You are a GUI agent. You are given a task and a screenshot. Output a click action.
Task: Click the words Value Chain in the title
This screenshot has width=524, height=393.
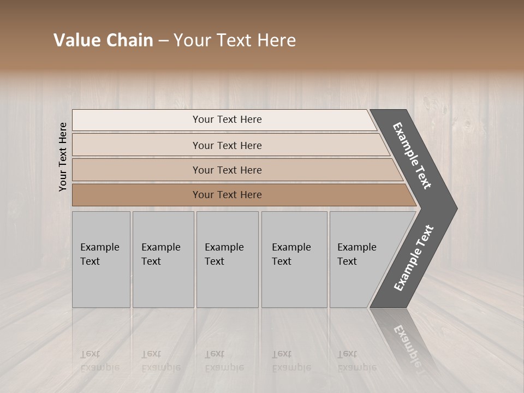(x=103, y=40)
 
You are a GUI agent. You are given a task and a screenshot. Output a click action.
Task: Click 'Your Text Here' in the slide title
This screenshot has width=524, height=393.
(x=235, y=40)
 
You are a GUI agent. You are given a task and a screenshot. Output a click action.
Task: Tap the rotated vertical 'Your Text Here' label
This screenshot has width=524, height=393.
(x=63, y=157)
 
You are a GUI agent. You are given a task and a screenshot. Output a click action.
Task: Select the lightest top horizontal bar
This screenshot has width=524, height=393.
(x=136, y=120)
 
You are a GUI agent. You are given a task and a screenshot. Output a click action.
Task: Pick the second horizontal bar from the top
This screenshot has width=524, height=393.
(x=136, y=145)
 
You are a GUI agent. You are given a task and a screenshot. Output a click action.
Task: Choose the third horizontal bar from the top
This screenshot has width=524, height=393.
(x=136, y=170)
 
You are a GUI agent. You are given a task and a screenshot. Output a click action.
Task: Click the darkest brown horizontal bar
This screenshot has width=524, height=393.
(x=136, y=195)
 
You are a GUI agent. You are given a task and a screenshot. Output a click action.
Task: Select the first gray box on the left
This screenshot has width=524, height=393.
(x=101, y=284)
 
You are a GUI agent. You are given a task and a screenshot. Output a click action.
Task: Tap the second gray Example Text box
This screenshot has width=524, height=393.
(x=163, y=284)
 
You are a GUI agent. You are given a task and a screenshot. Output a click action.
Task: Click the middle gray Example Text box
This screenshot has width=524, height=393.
(x=227, y=284)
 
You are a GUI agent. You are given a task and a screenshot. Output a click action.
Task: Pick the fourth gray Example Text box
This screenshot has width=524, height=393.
(x=294, y=284)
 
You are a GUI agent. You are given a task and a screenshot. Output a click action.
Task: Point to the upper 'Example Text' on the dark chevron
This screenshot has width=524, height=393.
(x=412, y=156)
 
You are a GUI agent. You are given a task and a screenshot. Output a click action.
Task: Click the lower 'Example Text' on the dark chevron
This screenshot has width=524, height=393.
(x=414, y=258)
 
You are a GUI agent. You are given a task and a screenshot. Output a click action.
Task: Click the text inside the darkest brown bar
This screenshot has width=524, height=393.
(x=227, y=195)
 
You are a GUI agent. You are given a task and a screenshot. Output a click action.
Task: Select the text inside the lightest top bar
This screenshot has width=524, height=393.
(x=227, y=120)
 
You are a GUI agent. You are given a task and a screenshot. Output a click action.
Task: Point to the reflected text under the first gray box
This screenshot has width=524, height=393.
(x=99, y=361)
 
